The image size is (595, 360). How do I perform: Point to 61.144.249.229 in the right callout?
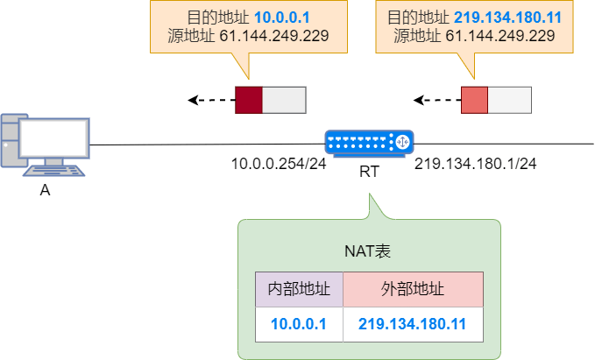click(x=500, y=36)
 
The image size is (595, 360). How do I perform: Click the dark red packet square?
click(x=249, y=100)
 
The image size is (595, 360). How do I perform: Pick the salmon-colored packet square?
click(x=474, y=100)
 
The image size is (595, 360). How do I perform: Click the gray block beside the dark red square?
click(x=284, y=100)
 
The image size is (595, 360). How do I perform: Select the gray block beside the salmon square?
click(x=509, y=100)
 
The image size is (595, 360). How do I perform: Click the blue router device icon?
click(x=369, y=142)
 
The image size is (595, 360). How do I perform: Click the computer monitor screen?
click(x=54, y=138)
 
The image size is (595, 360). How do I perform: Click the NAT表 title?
click(x=368, y=251)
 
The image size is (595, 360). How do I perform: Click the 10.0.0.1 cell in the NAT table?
click(x=299, y=324)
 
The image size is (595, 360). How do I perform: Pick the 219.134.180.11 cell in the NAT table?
click(x=412, y=324)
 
